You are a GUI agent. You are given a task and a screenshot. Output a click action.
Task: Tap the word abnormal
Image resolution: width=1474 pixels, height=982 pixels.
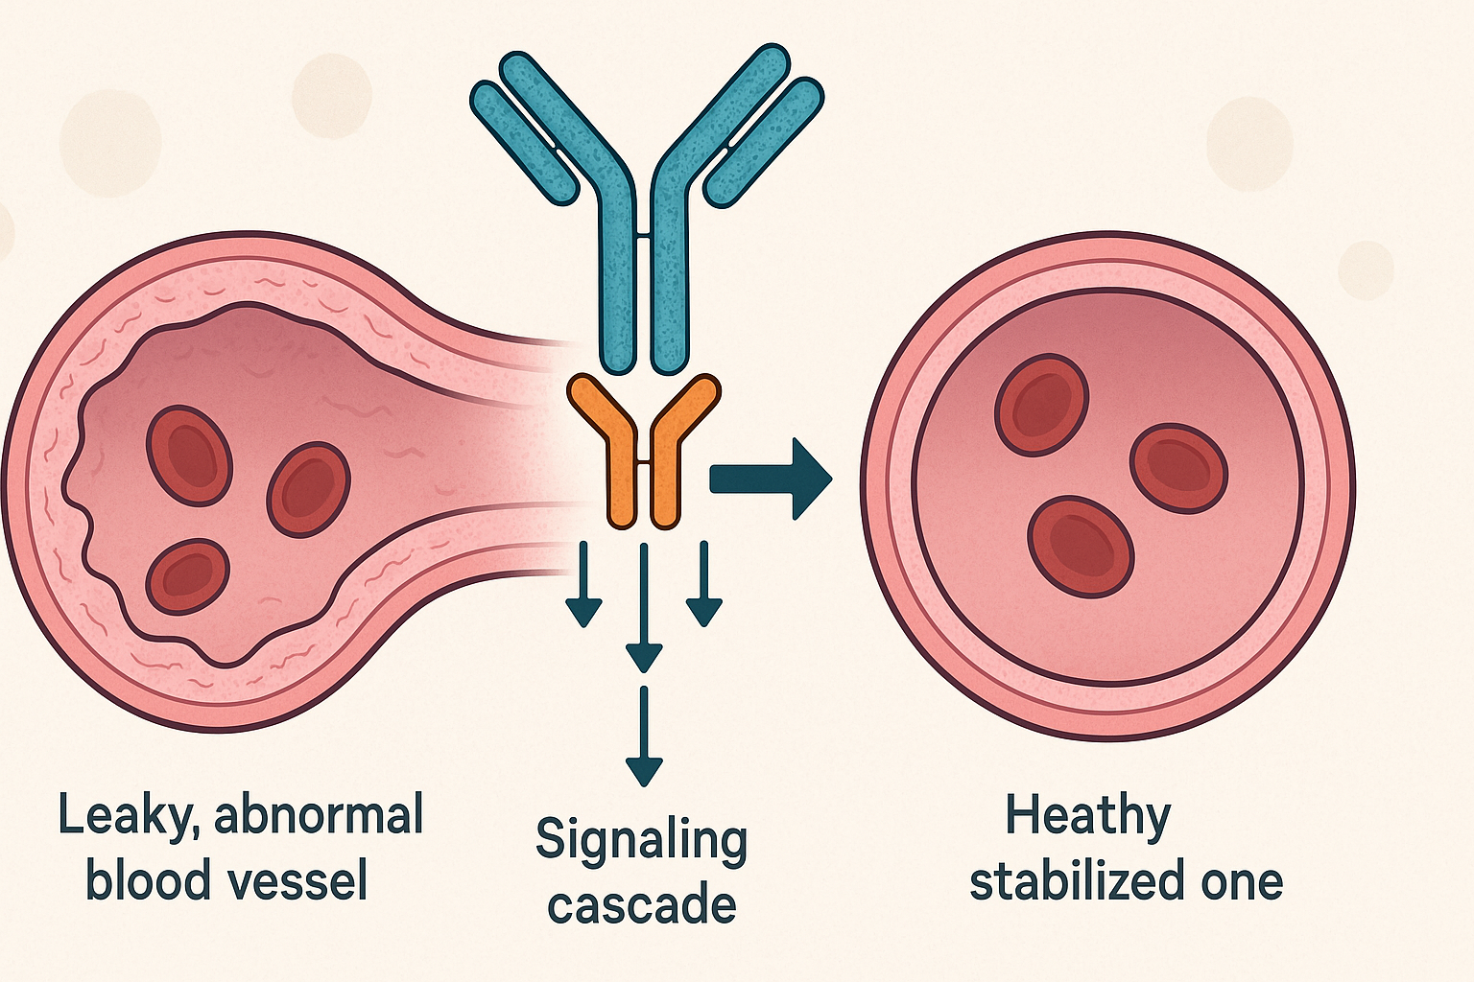319,813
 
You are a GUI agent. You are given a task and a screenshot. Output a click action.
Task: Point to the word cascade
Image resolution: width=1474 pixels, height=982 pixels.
642,905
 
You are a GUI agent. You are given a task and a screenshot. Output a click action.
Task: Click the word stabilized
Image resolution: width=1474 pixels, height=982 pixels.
1078,879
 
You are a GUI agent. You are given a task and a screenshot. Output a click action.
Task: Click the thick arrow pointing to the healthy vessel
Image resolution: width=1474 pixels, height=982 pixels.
771,479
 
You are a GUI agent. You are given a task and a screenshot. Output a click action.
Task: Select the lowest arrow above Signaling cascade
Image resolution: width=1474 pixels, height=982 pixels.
644,736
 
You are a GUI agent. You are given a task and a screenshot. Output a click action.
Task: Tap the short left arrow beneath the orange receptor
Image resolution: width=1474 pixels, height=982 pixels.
583,584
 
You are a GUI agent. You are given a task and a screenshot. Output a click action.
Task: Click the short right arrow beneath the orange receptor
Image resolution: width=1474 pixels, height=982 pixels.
704,584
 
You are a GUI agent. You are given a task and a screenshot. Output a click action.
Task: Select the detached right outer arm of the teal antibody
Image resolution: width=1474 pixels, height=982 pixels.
763,143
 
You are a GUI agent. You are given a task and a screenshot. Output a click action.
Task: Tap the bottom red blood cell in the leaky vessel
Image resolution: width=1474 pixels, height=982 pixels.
188,577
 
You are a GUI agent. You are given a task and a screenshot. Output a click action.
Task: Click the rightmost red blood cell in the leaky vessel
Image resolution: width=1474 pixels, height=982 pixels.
308,489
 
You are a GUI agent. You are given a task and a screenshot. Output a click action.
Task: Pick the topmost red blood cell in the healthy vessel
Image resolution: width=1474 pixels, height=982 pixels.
1041,405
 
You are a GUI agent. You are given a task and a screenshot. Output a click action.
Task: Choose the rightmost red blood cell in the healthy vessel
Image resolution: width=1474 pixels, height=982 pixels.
1178,468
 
